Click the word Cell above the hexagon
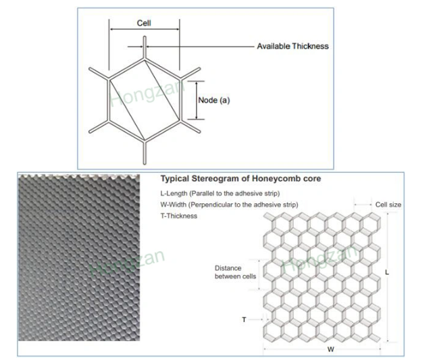(x=144, y=23)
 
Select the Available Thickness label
(x=292, y=46)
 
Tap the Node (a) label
(x=214, y=100)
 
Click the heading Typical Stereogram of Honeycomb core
(x=240, y=178)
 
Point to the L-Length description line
(x=220, y=193)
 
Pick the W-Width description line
(x=229, y=205)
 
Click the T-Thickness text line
(x=178, y=215)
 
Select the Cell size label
(x=388, y=205)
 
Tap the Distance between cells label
(x=235, y=272)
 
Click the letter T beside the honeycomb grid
(x=244, y=319)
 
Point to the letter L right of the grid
(x=387, y=272)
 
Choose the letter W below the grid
(x=331, y=349)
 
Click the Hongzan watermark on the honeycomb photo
(x=127, y=261)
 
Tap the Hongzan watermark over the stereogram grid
(x=319, y=259)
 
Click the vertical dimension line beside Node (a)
(x=197, y=100)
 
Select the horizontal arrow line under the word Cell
(x=145, y=29)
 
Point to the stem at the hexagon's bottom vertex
(x=145, y=153)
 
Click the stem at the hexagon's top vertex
(x=145, y=47)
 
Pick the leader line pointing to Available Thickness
(x=200, y=47)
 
